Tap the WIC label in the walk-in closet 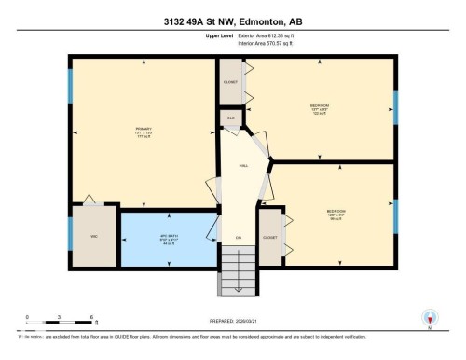(x=93, y=237)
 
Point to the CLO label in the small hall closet (x=231, y=118)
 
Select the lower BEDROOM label (x=336, y=212)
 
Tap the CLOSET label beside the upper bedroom (x=231, y=82)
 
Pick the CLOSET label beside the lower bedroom (x=270, y=238)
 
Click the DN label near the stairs (x=239, y=239)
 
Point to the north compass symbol (x=429, y=318)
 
